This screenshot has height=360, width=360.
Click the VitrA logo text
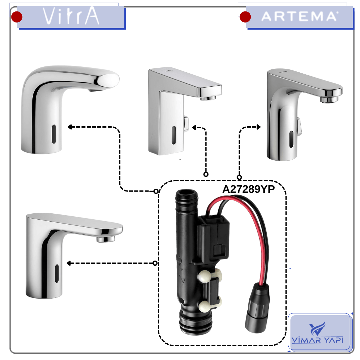coord(71,16)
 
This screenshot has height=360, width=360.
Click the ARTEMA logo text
coord(299,17)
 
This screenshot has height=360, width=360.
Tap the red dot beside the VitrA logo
coord(17,17)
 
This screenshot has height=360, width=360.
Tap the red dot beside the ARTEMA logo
coord(245,17)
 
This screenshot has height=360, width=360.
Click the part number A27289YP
coord(248,189)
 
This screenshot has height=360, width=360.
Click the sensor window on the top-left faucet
coord(54,134)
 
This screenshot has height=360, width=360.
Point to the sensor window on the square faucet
coord(174,135)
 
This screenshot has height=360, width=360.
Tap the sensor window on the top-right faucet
coord(291,139)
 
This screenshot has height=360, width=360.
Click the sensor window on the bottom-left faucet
coord(57,274)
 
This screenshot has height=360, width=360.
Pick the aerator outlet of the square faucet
coord(208,98)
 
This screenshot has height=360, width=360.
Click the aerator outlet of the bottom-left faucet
coord(105,240)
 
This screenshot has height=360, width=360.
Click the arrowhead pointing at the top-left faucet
coord(70,127)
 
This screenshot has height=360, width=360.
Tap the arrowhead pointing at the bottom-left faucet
coord(69,263)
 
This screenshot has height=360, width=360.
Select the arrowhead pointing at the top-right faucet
coord(259,127)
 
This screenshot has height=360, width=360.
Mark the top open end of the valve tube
coord(187,193)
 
